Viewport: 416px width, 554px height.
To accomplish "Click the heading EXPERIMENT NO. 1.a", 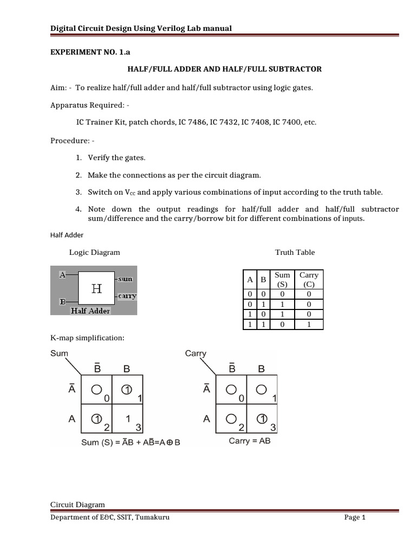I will (83, 52).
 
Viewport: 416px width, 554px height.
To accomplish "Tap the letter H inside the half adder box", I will (96, 289).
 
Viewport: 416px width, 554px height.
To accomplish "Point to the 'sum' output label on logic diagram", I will (126, 279).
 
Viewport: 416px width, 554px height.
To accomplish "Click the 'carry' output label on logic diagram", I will (127, 296).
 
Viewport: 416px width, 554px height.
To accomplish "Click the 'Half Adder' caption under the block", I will (90, 311).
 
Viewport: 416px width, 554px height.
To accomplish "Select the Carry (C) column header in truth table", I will (309, 279).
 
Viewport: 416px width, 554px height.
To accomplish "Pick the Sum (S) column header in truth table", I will (282, 279).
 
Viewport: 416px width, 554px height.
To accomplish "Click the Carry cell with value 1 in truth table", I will (309, 324).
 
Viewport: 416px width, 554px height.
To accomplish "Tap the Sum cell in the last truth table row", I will (282, 324).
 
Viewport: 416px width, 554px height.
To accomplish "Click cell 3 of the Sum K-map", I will (127, 419).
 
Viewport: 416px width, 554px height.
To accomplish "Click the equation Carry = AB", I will (250, 441).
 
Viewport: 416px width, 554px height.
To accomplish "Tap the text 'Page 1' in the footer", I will (355, 518).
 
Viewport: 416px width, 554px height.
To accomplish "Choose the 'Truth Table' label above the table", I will (295, 252).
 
